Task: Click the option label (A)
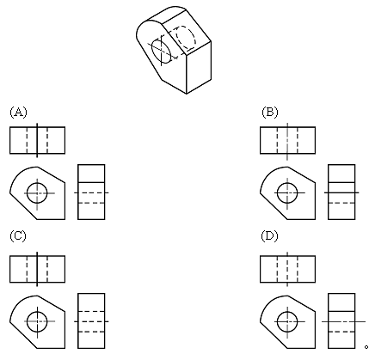pos(18,112)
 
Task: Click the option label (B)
pos(270,112)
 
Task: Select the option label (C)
pos(18,235)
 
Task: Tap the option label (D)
pos(270,235)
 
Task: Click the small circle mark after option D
pos(366,347)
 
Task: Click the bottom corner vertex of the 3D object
pos(187,94)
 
